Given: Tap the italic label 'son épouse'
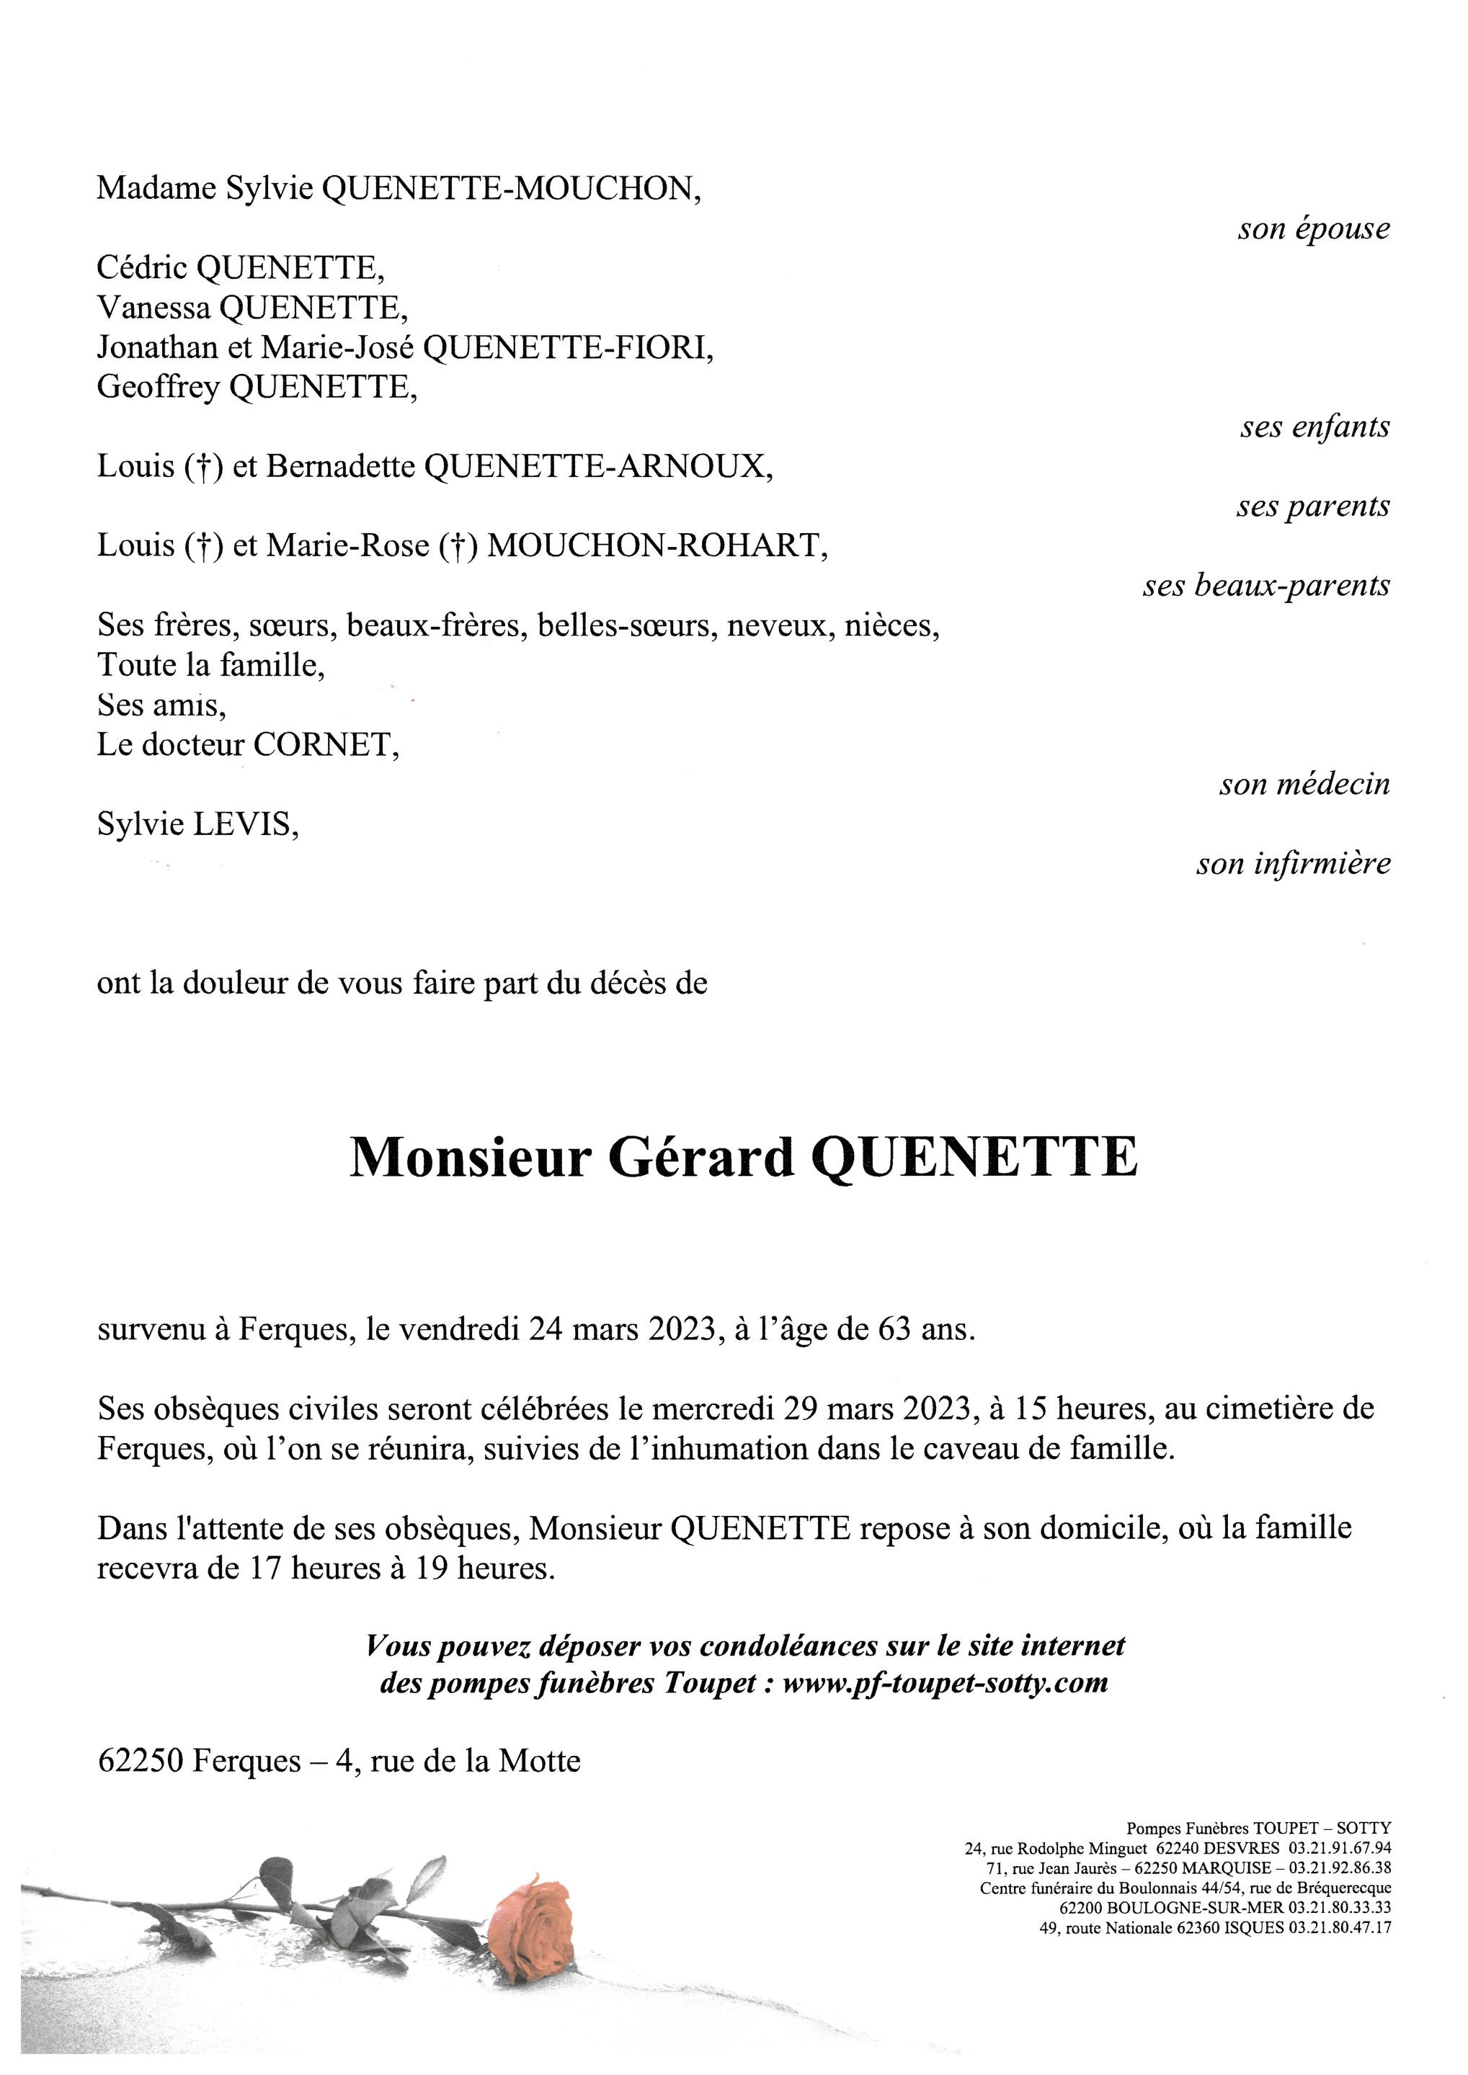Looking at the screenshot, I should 1314,228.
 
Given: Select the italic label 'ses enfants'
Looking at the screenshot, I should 1314,427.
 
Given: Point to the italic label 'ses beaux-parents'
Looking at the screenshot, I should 1265,586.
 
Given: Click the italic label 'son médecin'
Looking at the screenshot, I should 1304,784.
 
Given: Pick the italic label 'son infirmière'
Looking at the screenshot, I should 1293,864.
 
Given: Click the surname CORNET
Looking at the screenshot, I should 326,744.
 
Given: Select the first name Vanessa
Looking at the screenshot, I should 154,308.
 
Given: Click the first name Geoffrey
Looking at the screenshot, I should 159,387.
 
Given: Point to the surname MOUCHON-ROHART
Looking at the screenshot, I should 657,546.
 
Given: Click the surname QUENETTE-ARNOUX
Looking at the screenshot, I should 598,466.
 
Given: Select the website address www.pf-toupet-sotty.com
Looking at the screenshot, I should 945,1683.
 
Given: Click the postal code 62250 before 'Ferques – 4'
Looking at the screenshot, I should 141,1760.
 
